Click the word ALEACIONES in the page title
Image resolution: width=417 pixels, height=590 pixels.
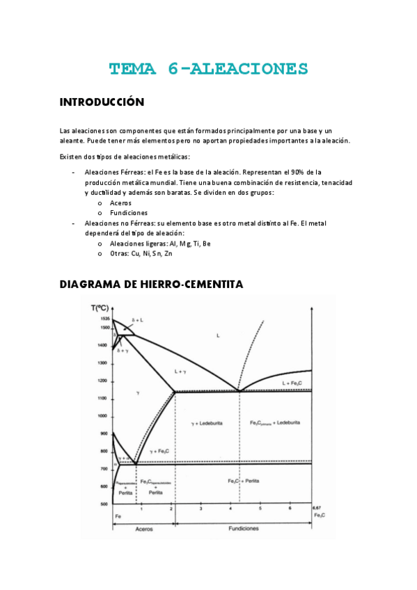pos(249,68)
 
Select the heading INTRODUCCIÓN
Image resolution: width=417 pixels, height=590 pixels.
pos(102,102)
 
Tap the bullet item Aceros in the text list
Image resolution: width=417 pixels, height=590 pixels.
pos(120,202)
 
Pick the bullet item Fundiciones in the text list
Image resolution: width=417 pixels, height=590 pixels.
pos(128,213)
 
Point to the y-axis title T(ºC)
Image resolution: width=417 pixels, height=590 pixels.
pos(101,308)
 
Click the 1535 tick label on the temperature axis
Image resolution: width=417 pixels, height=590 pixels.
pos(104,318)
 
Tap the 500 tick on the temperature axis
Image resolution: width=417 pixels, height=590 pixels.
pos(105,504)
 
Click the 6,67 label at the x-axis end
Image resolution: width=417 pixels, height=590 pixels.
pos(317,508)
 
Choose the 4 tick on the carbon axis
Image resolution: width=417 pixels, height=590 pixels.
pos(230,510)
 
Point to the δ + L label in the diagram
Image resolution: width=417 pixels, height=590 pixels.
pos(137,320)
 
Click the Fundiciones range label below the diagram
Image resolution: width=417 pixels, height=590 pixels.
pos(244,529)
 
